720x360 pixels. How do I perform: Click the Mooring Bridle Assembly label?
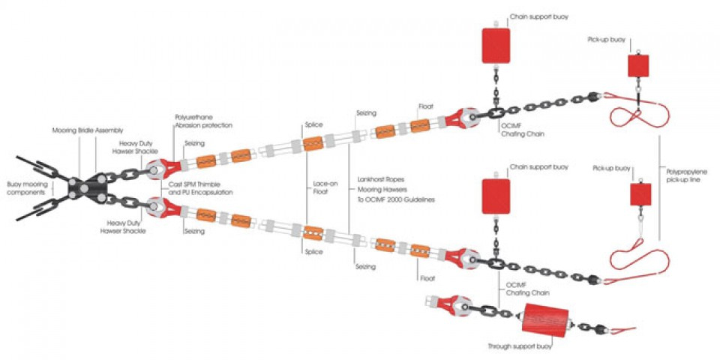click(87, 130)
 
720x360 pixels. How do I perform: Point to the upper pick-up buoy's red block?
click(637, 66)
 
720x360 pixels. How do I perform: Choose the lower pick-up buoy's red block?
click(640, 195)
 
